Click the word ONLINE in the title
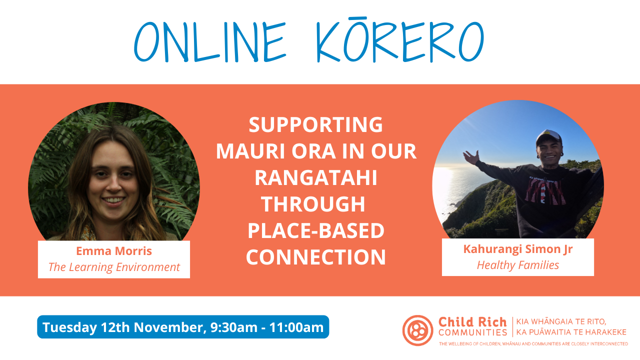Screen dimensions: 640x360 coord(210,41)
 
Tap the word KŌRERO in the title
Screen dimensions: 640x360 coord(400,40)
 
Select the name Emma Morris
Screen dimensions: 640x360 coord(114,251)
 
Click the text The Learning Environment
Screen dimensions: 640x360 coord(114,267)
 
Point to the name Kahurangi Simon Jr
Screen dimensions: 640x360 coord(517,249)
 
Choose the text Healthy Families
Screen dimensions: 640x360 coord(517,265)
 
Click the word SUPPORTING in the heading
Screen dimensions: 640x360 coord(315,124)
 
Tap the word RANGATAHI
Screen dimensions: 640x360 coord(315,177)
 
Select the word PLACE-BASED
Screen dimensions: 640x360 coord(315,230)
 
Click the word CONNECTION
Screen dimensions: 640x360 coord(315,257)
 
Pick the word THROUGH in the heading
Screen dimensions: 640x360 coord(313,204)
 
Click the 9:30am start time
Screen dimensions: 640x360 coord(233,327)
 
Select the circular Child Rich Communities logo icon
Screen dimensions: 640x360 coord(417,330)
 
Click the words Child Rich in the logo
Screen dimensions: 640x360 coord(472,322)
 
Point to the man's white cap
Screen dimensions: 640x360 coord(548,136)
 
